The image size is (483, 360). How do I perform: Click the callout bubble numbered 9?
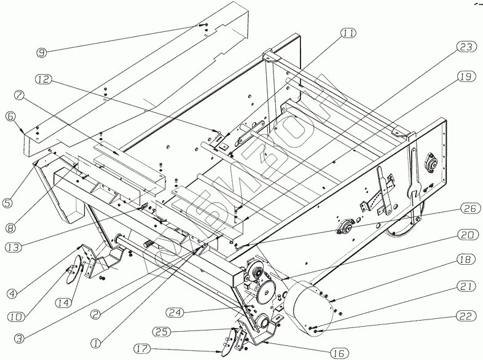42,53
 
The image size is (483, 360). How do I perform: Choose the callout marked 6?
10,115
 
